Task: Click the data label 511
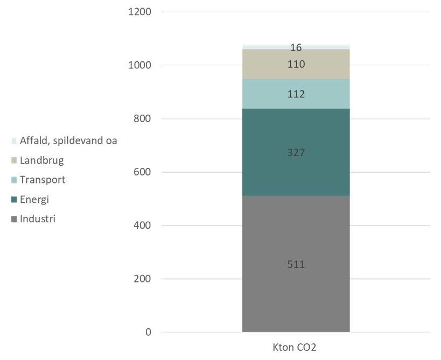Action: (x=296, y=264)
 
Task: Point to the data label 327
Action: (x=296, y=152)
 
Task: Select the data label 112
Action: (x=296, y=94)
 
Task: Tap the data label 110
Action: (x=296, y=65)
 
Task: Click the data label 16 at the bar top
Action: (x=296, y=48)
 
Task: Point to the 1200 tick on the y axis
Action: (x=140, y=12)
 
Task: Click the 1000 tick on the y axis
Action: (x=140, y=65)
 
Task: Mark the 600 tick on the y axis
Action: (x=143, y=172)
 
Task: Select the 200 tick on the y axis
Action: (x=143, y=279)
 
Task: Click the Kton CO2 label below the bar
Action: (x=296, y=348)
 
